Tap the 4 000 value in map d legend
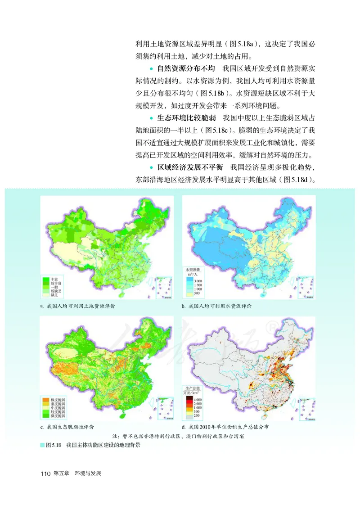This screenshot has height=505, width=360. pyautogui.click(x=200, y=399)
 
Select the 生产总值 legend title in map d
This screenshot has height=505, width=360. pyautogui.click(x=192, y=388)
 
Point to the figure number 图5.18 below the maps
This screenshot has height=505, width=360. pyautogui.click(x=53, y=445)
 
